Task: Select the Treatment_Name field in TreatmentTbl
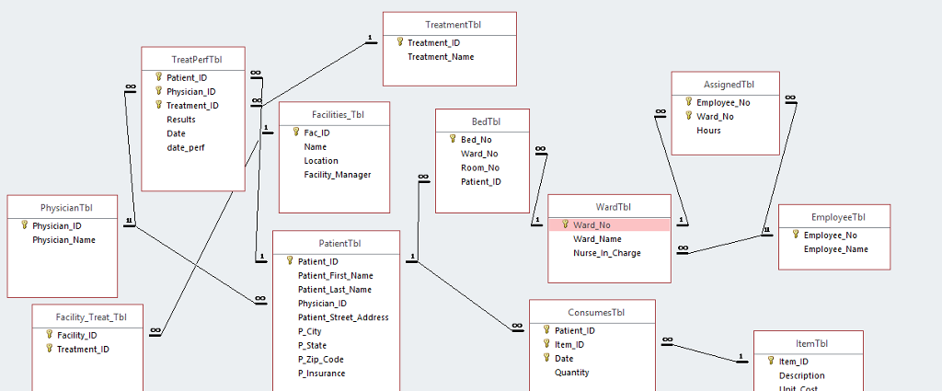(x=441, y=57)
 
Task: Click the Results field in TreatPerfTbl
(x=181, y=120)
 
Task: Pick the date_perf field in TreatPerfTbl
(x=185, y=147)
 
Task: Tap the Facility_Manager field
(x=338, y=175)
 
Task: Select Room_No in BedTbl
(x=480, y=167)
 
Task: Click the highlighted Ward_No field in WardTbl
(x=592, y=225)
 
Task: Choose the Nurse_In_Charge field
(x=607, y=253)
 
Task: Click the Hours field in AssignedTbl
(x=708, y=131)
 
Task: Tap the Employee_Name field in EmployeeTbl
(x=835, y=249)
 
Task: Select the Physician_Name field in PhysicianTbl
(x=63, y=240)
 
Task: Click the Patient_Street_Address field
(x=343, y=317)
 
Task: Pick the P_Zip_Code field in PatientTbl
(x=322, y=360)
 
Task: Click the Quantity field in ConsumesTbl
(x=571, y=373)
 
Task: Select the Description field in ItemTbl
(x=801, y=375)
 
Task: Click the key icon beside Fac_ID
(x=297, y=132)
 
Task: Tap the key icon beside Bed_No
(x=453, y=140)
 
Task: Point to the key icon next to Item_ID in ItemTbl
(x=771, y=362)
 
